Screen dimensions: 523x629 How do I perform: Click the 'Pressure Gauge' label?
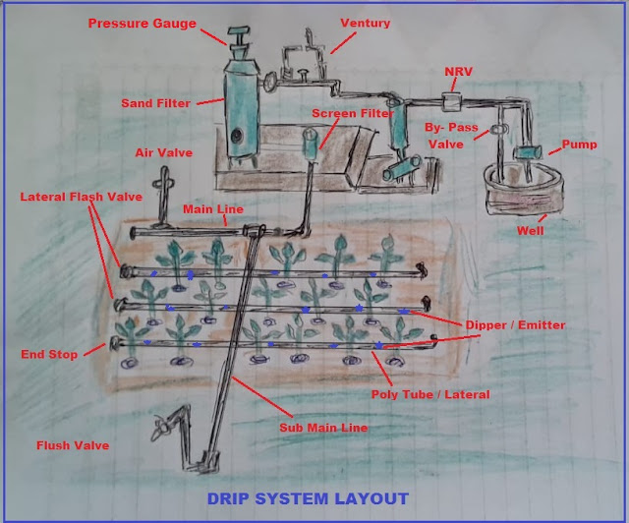point(155,22)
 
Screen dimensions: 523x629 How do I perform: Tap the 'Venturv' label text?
point(365,22)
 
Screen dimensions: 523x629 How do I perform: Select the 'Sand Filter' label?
point(158,101)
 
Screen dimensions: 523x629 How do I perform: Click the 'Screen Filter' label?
point(352,114)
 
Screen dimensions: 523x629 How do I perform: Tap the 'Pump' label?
point(578,145)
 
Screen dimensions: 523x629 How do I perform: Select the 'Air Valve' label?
point(163,153)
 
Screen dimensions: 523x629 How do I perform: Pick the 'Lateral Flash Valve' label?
point(82,197)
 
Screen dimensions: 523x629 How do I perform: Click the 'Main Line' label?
point(213,209)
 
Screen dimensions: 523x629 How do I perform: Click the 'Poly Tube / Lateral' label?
point(430,394)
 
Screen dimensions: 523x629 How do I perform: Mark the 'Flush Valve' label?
point(73,445)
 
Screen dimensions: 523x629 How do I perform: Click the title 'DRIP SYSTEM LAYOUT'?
point(308,498)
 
